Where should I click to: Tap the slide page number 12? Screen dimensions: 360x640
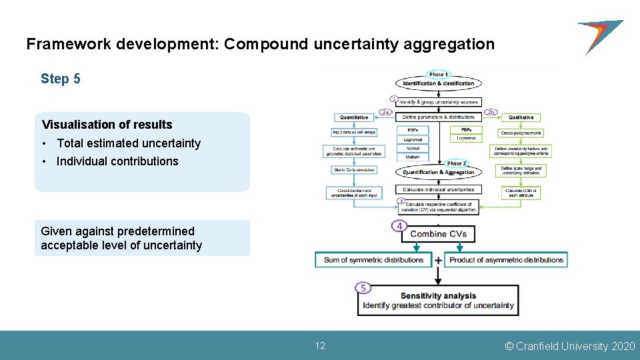point(320,345)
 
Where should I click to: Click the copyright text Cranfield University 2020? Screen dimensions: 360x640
point(570,346)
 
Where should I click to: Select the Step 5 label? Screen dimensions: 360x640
point(61,79)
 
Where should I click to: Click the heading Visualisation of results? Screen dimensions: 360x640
point(107,125)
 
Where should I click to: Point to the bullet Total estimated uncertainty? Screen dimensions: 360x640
point(128,143)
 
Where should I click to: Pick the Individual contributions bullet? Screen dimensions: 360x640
point(117,161)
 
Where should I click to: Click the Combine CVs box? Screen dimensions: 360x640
point(439,234)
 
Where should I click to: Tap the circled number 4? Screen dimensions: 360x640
point(399,227)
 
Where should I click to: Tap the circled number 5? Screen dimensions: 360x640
point(363,288)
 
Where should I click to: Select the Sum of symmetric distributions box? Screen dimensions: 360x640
point(373,260)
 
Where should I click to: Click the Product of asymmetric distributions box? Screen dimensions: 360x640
point(506,260)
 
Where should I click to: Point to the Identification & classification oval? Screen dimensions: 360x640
point(438,83)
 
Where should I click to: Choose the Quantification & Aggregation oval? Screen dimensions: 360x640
point(438,172)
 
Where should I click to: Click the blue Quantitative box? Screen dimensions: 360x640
point(354,117)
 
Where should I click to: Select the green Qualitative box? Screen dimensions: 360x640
point(521,117)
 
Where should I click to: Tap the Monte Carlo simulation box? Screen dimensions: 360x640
point(354,170)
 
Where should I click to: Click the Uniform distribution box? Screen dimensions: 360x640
point(412,157)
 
